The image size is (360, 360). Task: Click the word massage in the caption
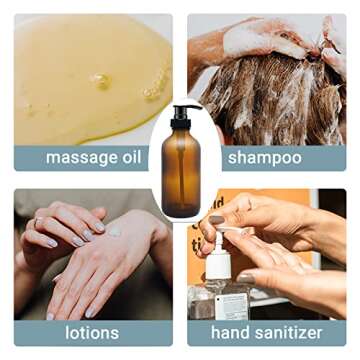[81, 158]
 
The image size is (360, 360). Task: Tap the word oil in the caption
[132, 156]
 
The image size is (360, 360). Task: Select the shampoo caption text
[265, 158]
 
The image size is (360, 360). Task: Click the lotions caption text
[92, 332]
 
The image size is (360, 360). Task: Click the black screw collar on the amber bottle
[181, 124]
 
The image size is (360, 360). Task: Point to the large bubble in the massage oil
[101, 80]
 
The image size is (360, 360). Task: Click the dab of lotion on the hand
[114, 231]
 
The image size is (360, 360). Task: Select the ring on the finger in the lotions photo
[38, 221]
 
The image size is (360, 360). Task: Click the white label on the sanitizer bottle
[231, 306]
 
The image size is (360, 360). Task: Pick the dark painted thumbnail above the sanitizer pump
[217, 220]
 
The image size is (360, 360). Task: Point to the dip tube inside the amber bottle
[182, 173]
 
